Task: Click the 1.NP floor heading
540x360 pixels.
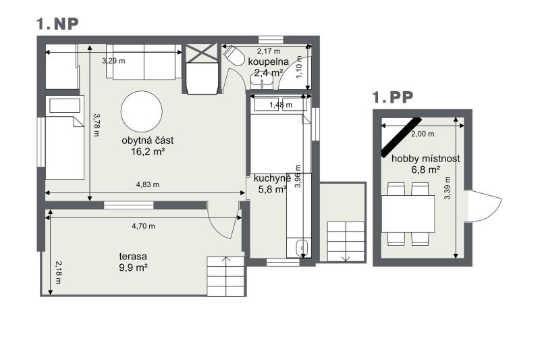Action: click(x=57, y=24)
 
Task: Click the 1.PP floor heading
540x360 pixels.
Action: click(x=393, y=97)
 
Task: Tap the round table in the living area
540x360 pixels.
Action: click(x=142, y=111)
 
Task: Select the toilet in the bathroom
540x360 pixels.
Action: click(x=234, y=55)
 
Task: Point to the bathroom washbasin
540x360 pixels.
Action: click(x=262, y=82)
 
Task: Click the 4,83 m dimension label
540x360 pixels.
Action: click(x=148, y=184)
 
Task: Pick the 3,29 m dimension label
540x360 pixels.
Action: click(x=113, y=61)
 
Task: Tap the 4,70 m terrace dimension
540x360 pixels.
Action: click(x=143, y=226)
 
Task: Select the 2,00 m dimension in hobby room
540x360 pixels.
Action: click(x=423, y=134)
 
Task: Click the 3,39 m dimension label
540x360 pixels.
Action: click(x=448, y=188)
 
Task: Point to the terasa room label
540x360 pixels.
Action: click(x=133, y=256)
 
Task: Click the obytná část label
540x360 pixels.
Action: click(x=147, y=140)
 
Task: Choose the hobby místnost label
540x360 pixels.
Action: click(x=426, y=159)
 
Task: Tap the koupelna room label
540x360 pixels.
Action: click(x=268, y=61)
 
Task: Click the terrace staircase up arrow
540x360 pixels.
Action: click(x=225, y=263)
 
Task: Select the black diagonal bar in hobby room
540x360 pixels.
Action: click(x=402, y=137)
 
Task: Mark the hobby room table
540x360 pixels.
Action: click(x=408, y=213)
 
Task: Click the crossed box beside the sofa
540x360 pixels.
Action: click(x=201, y=53)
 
